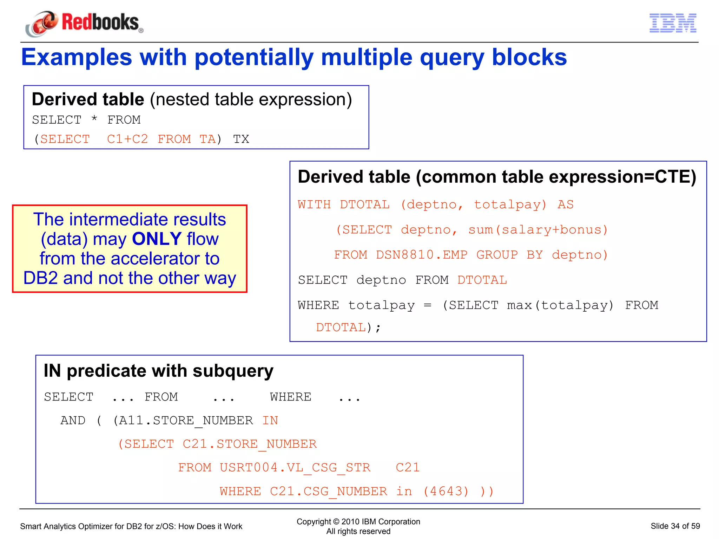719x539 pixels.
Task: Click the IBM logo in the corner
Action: tap(673, 23)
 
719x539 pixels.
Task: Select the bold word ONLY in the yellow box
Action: tap(157, 239)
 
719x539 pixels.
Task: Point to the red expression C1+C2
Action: tap(127, 139)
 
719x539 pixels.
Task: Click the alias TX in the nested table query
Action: tap(241, 139)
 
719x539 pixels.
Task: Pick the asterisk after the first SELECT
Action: tap(94, 119)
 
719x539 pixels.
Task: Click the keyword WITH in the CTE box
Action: tap(314, 204)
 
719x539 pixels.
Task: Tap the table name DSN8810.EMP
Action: tap(422, 255)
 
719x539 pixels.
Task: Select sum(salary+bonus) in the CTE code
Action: tap(538, 230)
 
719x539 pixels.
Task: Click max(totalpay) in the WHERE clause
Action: tap(560, 305)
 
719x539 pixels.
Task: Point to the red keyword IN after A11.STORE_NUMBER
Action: tap(270, 420)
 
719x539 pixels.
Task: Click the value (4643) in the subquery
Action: tap(446, 491)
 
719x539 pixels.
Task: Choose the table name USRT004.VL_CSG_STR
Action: tap(295, 468)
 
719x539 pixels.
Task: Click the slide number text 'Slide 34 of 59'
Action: tap(675, 526)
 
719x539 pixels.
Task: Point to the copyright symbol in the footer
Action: tap(336, 522)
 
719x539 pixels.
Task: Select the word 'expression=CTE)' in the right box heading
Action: tap(622, 177)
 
